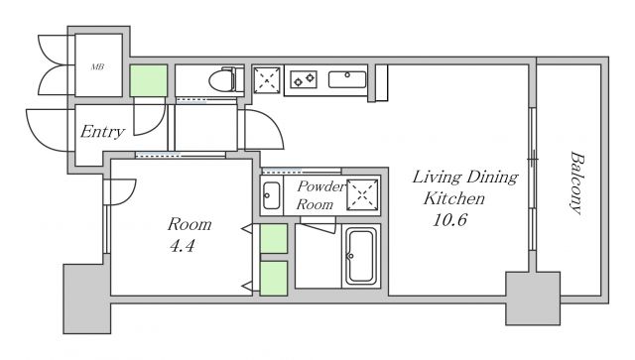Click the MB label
pos(97,66)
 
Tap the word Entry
pos(102,132)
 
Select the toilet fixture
pos(226,80)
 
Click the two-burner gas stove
pos(304,79)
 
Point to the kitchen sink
pos(347,79)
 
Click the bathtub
pos(361,256)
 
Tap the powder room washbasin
pos(271,195)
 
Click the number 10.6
pos(449,220)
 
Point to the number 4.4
pos(183,246)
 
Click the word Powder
pos(321,186)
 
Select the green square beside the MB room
pos(149,80)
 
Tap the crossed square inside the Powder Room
pos(362,194)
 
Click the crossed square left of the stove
pos(267,80)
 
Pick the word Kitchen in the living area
pos(454,198)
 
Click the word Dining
pos(492,178)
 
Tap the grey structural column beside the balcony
pos(533,299)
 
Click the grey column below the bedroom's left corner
pos(87,300)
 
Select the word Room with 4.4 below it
pos(190,224)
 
